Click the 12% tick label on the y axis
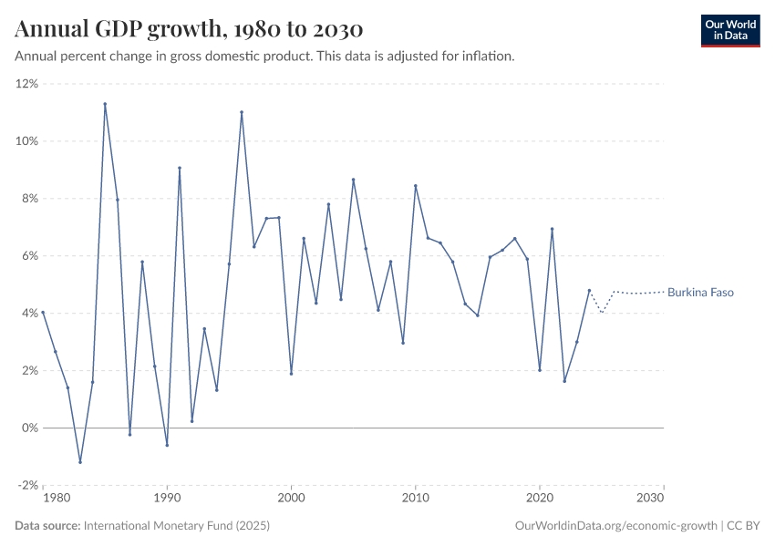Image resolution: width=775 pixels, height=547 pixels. [26, 84]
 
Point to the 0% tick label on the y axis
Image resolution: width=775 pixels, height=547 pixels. [29, 428]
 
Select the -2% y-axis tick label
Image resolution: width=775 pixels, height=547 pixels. [27, 485]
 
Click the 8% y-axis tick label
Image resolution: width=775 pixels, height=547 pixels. [29, 199]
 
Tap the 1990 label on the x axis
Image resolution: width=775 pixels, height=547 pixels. [167, 499]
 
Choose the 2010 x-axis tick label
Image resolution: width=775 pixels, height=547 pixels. [416, 499]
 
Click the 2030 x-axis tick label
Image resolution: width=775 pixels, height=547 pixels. [651, 499]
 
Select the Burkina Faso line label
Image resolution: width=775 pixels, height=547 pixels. [700, 293]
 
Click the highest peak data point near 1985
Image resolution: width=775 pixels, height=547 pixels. [105, 104]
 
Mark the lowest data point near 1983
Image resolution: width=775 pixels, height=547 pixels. [80, 462]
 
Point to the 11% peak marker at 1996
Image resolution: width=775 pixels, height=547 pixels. [242, 112]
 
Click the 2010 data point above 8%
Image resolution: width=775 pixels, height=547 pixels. [416, 186]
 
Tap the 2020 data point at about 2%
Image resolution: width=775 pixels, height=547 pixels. [540, 370]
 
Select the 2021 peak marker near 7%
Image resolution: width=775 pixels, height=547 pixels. [553, 229]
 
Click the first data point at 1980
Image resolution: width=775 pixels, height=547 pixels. [43, 313]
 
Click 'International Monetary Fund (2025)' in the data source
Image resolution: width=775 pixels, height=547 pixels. [177, 526]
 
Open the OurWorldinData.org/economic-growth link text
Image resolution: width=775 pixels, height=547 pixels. [617, 526]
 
